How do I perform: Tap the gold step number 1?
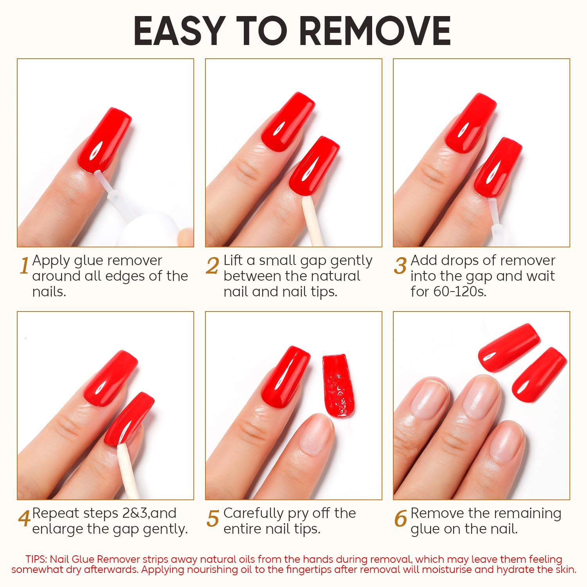[24, 266]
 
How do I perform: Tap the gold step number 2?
[212, 266]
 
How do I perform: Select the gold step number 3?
[400, 266]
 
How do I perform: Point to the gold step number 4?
[24, 519]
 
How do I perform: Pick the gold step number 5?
[212, 519]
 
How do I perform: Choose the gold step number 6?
[400, 519]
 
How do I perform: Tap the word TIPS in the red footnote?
[36, 559]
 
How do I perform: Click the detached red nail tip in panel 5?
[338, 385]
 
